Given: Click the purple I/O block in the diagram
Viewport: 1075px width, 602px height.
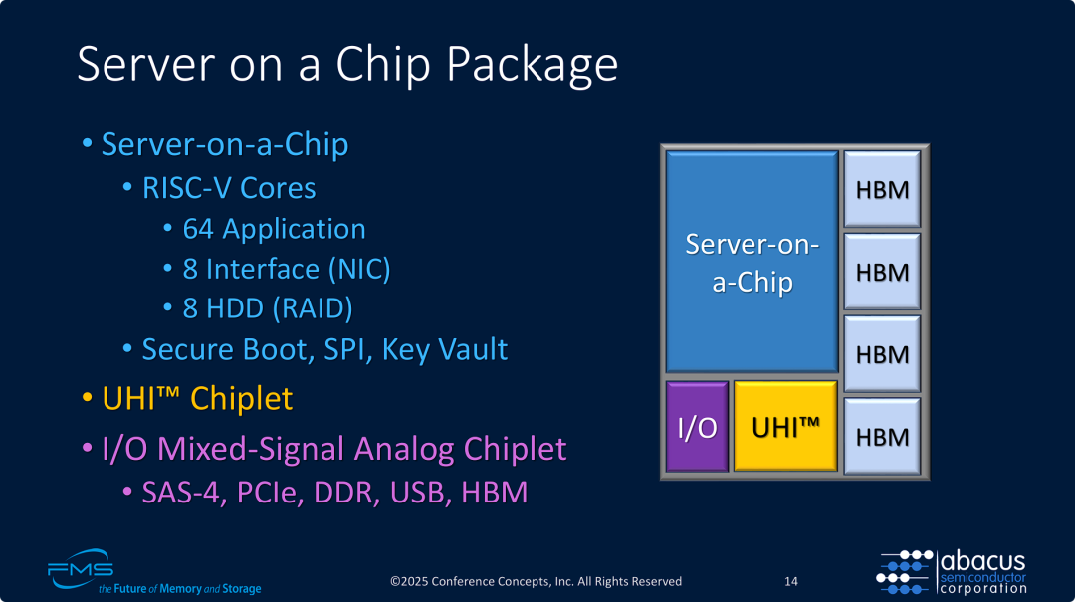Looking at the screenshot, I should pyautogui.click(x=697, y=426).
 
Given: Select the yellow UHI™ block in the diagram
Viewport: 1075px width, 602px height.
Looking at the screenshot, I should pyautogui.click(x=785, y=426).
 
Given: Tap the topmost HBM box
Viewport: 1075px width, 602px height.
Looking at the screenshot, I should pyautogui.click(x=882, y=189).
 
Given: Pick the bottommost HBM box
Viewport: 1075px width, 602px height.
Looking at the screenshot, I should pyautogui.click(x=882, y=436).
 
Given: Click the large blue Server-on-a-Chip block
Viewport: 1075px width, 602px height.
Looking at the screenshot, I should pyautogui.click(x=752, y=263).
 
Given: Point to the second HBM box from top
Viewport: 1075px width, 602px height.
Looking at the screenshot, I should pyautogui.click(x=882, y=271).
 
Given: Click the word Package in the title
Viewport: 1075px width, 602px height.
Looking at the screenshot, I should pyautogui.click(x=533, y=66).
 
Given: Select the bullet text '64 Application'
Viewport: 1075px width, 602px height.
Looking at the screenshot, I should pyautogui.click(x=274, y=229).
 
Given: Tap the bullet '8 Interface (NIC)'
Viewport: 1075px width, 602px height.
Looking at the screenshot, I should pyautogui.click(x=287, y=269).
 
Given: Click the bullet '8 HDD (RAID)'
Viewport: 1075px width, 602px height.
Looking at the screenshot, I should pyautogui.click(x=268, y=308).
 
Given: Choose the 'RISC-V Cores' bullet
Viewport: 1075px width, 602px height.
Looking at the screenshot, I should pyautogui.click(x=229, y=188).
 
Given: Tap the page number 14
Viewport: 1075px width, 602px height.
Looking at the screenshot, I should pyautogui.click(x=791, y=581).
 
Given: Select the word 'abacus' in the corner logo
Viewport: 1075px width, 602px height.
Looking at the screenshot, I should pyautogui.click(x=982, y=562).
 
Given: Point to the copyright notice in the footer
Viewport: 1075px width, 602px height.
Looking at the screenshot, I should pyautogui.click(x=536, y=581).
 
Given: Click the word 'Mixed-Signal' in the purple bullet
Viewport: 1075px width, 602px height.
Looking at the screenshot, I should pyautogui.click(x=295, y=449).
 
